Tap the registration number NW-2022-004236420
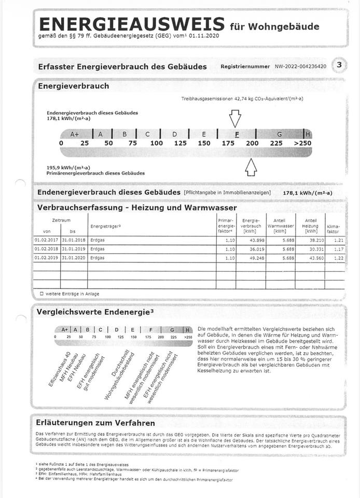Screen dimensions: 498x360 click(300, 67)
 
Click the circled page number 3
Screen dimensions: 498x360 click(339, 65)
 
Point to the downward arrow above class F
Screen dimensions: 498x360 click(236, 118)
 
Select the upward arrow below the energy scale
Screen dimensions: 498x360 click(251, 167)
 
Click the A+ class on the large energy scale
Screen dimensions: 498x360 click(75, 134)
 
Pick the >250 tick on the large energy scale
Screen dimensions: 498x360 click(302, 143)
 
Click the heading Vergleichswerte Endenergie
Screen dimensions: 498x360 click(95, 312)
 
